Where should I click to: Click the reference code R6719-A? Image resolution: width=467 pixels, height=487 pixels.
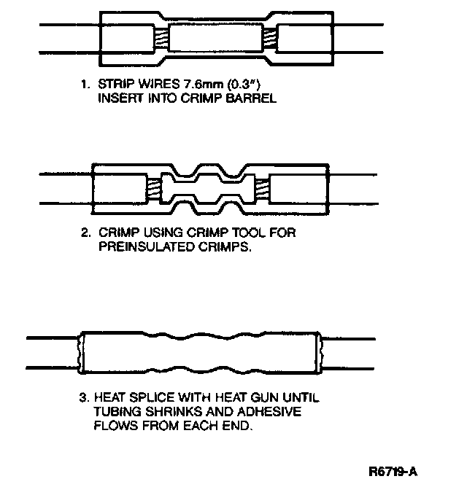tap(396, 472)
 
